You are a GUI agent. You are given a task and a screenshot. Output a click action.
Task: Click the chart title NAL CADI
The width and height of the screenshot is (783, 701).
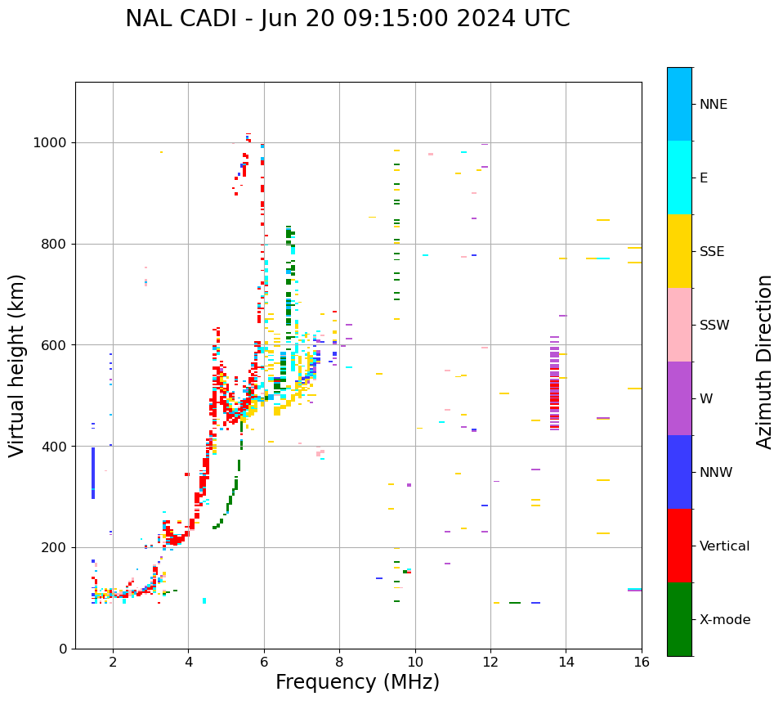click(347, 19)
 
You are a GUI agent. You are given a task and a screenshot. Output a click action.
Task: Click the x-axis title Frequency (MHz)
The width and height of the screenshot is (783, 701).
click(357, 682)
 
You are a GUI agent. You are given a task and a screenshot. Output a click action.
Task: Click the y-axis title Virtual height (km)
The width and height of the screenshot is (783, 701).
click(17, 365)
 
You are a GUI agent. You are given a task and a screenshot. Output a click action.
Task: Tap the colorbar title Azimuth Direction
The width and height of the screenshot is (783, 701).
click(764, 361)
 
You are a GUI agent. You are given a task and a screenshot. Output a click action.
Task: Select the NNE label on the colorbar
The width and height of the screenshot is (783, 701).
click(713, 105)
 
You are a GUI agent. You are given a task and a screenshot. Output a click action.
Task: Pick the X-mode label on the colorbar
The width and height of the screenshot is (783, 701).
click(725, 620)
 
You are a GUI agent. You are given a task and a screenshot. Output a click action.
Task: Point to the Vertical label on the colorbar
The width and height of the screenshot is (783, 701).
click(724, 546)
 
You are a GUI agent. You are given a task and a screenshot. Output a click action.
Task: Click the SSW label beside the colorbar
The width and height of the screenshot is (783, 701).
click(714, 326)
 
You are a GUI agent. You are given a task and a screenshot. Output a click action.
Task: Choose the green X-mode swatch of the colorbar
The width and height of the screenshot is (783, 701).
click(679, 619)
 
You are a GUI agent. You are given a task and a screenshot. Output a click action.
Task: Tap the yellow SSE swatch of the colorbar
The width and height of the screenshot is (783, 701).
click(679, 251)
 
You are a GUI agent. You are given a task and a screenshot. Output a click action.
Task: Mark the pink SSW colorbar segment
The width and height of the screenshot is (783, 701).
click(679, 325)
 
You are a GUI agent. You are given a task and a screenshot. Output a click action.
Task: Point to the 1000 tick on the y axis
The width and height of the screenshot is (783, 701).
click(51, 143)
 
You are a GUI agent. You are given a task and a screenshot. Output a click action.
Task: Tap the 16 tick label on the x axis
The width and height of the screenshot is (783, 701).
click(642, 662)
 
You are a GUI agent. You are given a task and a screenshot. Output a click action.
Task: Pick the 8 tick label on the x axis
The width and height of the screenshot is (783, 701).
click(339, 662)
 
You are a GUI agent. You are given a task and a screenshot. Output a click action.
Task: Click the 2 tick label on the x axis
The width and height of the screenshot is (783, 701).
click(113, 662)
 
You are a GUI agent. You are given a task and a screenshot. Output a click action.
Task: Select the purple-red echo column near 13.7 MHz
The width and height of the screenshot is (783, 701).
click(554, 383)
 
